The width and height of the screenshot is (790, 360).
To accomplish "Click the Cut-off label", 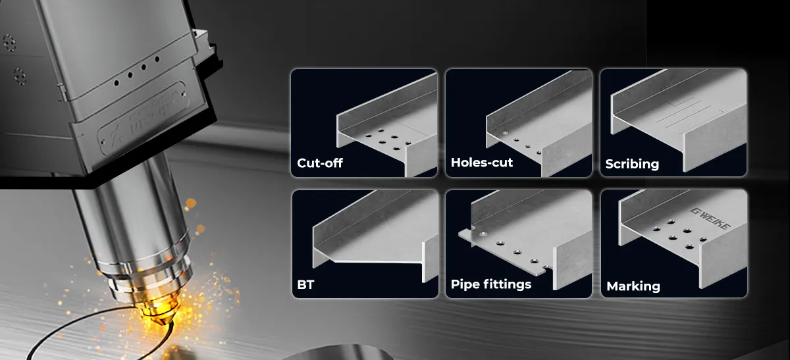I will (320, 163).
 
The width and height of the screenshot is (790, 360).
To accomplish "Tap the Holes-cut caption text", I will (481, 163).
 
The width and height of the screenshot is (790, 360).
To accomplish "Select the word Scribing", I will (632, 163).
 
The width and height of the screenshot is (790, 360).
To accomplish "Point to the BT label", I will (305, 285).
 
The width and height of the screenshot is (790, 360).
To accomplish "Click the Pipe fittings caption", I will (491, 285).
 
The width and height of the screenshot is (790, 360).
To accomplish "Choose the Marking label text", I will (633, 286).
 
